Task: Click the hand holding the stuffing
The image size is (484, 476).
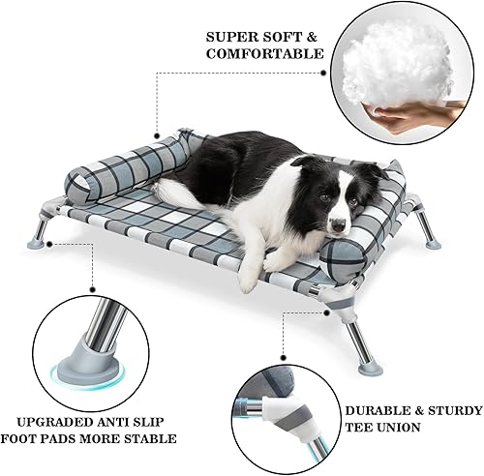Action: [x=407, y=117]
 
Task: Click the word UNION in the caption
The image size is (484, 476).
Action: [x=384, y=428]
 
